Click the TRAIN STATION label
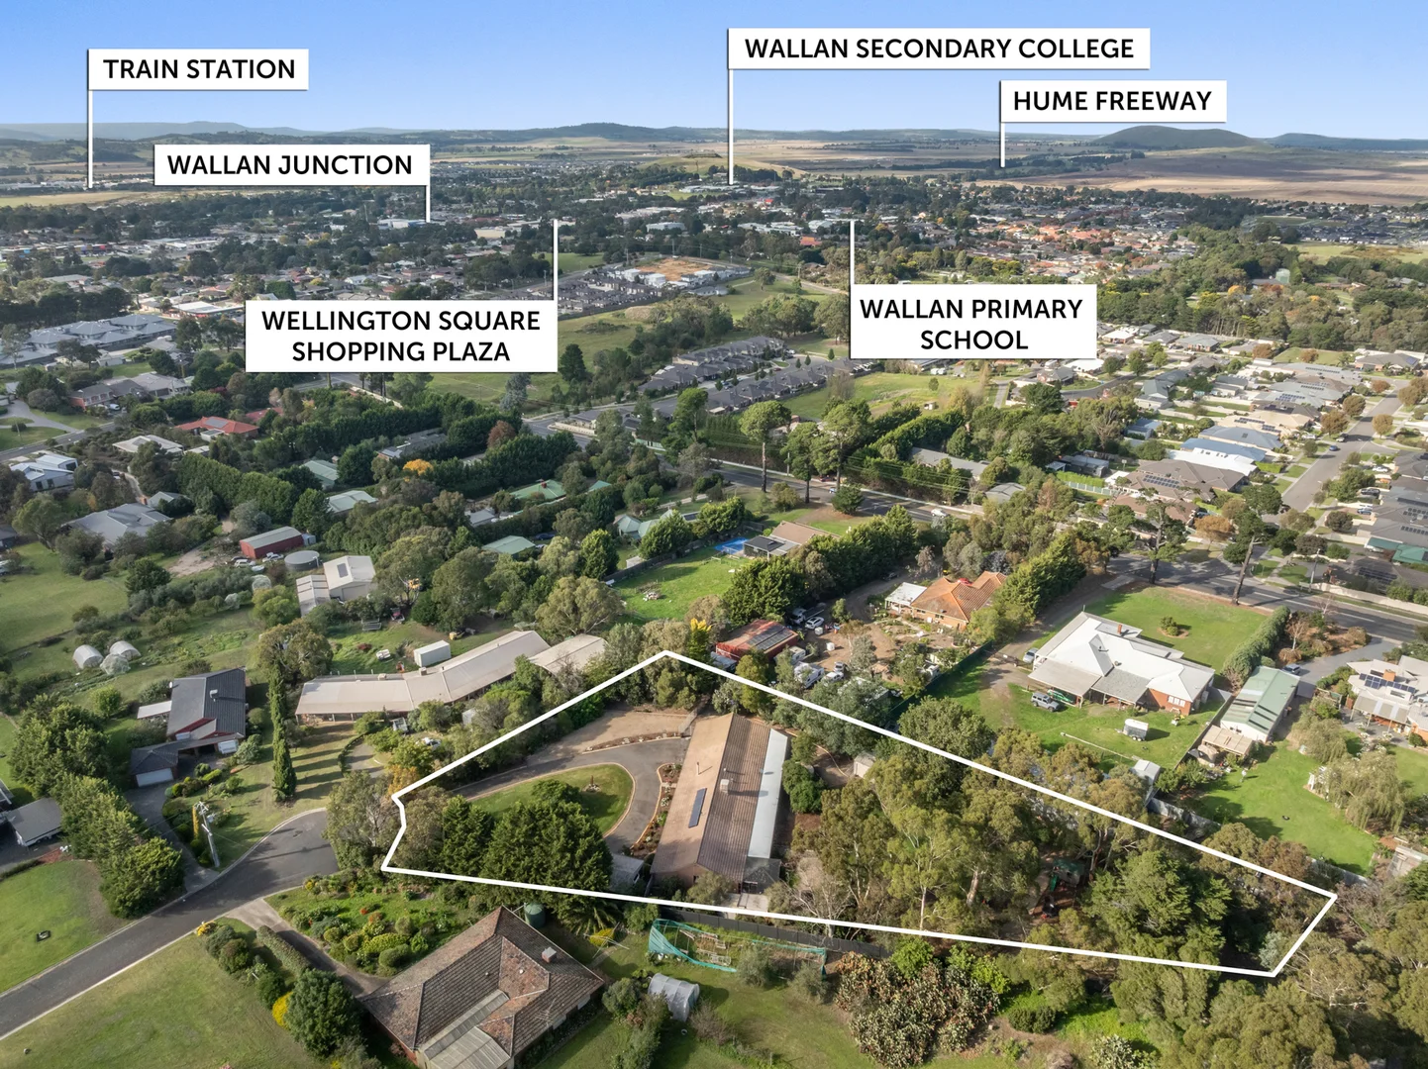(198, 69)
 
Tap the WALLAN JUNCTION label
(290, 164)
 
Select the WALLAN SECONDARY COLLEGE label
(939, 49)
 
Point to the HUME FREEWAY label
(1112, 101)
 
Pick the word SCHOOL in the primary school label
(973, 340)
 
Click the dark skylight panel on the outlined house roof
(697, 808)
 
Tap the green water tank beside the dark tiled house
(534, 913)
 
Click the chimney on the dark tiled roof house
(549, 954)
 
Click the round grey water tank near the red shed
(302, 560)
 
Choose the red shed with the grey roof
(272, 542)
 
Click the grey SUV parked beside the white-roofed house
(1045, 701)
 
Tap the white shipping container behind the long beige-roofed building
(432, 653)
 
